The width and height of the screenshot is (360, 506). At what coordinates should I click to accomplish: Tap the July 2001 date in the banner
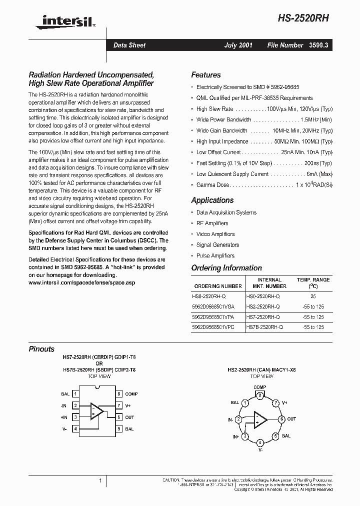coord(237,45)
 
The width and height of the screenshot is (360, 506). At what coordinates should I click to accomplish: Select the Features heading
coord(205,75)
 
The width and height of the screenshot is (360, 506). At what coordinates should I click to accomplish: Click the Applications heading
coord(212,200)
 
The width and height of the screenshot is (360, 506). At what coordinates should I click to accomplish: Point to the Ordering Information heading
coord(226,268)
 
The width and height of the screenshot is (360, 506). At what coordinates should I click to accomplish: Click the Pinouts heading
coord(41,349)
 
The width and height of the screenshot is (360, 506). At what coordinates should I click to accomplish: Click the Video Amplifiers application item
coord(215,234)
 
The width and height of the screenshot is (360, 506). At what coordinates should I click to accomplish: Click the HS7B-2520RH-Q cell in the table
coord(264,327)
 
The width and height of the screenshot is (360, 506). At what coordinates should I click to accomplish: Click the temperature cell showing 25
coord(313,296)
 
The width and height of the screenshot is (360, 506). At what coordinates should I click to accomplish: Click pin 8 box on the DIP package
coord(119,394)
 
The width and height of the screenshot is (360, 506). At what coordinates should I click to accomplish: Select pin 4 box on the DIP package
coord(75,428)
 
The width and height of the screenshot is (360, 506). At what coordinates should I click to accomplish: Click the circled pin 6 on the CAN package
coord(281,419)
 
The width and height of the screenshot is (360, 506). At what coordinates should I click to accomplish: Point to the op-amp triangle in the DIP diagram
coord(96,411)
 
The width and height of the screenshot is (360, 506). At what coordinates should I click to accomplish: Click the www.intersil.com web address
coord(81,282)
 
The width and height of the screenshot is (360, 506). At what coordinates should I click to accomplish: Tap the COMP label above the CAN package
coord(260,387)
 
